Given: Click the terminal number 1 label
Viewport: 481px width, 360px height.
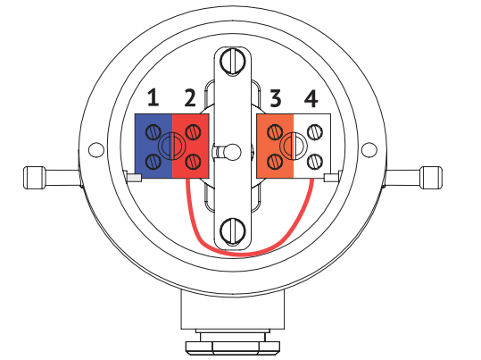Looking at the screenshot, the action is point(153,97).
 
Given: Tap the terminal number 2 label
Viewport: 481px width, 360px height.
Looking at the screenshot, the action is point(190,97).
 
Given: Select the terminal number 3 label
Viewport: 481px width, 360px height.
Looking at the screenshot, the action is point(276,98).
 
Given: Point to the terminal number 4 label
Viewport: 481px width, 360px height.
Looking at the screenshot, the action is point(311,98).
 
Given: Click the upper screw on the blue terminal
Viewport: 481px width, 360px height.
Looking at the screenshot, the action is point(153,132).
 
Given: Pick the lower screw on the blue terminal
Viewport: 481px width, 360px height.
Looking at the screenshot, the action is point(153,162).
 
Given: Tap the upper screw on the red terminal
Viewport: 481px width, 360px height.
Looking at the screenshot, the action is point(194,132).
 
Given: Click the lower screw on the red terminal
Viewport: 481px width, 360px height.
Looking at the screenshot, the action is point(194,161).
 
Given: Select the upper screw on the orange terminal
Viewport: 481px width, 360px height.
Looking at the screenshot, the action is point(275,132).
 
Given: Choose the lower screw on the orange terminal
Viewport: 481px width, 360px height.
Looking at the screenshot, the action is point(275,162).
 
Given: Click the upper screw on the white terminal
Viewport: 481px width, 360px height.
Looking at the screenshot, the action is point(315,132).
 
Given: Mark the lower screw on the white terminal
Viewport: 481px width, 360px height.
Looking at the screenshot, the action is point(315,162).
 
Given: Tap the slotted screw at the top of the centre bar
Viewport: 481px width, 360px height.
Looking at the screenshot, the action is point(233,62).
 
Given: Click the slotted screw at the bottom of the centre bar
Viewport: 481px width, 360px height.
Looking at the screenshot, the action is point(233,231).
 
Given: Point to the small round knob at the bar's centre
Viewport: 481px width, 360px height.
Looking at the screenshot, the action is point(233,152).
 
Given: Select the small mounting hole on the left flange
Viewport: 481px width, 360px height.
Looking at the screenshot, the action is point(96,150).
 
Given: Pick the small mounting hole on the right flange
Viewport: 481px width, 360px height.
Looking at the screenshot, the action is point(369,150).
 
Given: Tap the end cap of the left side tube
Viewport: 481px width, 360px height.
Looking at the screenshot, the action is point(34,178).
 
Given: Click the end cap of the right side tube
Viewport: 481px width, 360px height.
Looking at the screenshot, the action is point(431,178).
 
